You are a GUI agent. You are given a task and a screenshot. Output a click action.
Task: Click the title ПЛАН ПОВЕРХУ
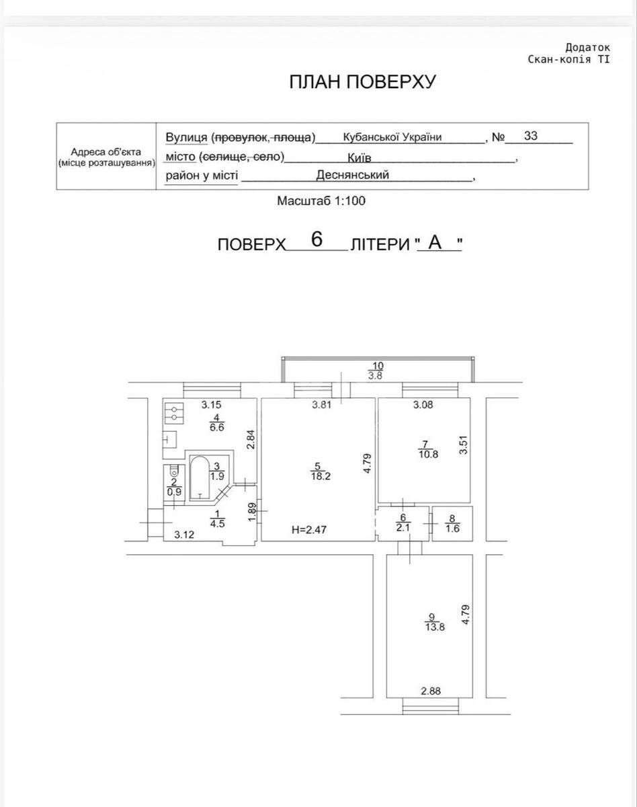point(363,82)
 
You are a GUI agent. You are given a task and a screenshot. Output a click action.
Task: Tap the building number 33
point(531,136)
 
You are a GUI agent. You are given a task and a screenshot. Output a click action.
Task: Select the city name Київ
point(359,157)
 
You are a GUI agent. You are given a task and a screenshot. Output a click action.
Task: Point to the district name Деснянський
point(353,175)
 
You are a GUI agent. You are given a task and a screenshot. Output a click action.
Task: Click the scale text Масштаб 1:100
point(321,200)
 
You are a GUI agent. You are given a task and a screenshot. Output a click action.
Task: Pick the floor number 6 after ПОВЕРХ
point(317,239)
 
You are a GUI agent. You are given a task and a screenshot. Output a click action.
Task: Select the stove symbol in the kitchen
point(175,412)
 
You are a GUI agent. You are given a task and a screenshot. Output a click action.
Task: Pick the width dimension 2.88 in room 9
point(431,690)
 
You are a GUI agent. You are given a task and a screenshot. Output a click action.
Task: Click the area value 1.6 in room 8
point(452,529)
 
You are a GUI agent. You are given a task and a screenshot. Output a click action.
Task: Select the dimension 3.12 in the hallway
point(185,535)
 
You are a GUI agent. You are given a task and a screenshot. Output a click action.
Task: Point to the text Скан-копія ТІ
point(568,59)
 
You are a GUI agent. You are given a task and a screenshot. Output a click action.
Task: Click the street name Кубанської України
point(392,137)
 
